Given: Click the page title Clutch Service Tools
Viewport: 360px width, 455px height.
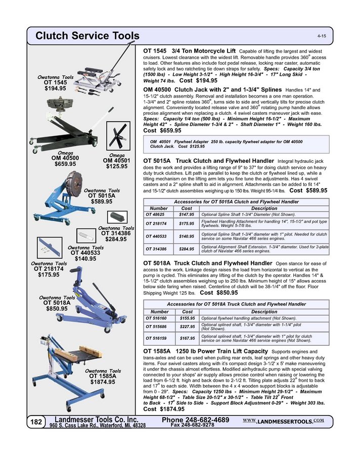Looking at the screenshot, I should (x=87, y=36).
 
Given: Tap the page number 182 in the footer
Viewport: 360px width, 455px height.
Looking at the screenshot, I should (x=36, y=422).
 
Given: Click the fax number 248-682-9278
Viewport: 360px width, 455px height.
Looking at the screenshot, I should (x=193, y=426).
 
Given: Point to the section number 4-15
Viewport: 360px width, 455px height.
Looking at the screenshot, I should (x=322, y=37).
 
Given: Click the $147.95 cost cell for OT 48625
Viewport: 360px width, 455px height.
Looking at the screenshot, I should (x=187, y=214).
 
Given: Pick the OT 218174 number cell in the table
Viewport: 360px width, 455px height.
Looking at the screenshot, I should (x=156, y=223).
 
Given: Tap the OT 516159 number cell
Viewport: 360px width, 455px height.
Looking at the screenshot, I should (x=156, y=338).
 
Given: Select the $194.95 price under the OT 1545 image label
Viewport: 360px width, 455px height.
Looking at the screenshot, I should (x=55, y=88).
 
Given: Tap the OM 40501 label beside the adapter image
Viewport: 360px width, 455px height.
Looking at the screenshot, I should (x=117, y=160).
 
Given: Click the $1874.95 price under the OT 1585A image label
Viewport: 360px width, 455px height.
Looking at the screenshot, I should (x=103, y=382).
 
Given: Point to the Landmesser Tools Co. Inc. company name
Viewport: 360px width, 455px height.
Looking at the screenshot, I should (x=96, y=420).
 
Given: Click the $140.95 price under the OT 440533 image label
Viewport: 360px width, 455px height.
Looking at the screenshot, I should (x=85, y=259).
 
